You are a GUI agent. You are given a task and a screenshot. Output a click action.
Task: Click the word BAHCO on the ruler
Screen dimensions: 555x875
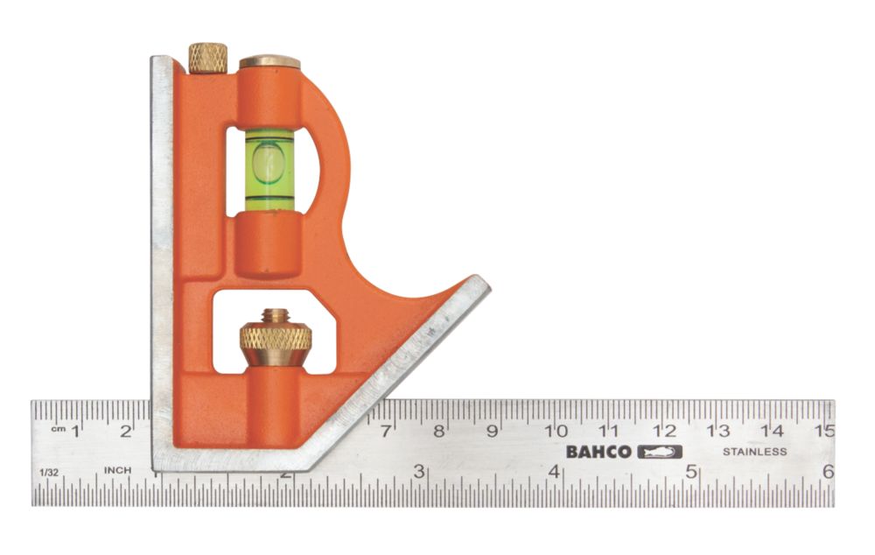[598, 452]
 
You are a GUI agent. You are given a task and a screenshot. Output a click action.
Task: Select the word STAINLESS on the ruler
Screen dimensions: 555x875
[754, 452]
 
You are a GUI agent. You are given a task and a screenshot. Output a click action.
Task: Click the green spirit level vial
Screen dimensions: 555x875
[269, 169]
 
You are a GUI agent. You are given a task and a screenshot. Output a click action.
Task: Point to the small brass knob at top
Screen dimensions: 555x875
[207, 58]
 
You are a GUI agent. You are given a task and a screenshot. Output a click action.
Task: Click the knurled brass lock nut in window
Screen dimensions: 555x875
[276, 339]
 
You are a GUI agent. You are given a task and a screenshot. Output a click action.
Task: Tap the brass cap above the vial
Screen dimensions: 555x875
[269, 62]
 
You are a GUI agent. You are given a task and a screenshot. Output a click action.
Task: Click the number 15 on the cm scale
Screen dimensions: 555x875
[823, 431]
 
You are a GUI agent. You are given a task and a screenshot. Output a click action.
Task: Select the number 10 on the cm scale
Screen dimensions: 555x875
[556, 431]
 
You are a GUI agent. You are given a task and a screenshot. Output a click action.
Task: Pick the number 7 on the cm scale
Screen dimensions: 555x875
[386, 431]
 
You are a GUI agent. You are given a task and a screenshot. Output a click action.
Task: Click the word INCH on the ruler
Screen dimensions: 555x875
[118, 470]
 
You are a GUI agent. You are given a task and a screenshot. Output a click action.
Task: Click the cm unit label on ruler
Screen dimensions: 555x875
[58, 429]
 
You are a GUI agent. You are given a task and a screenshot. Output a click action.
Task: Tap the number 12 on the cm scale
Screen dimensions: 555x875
[664, 431]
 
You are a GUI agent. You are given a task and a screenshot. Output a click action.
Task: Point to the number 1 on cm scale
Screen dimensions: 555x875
[76, 430]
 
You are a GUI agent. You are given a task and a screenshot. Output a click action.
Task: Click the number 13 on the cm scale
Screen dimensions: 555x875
[718, 431]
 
